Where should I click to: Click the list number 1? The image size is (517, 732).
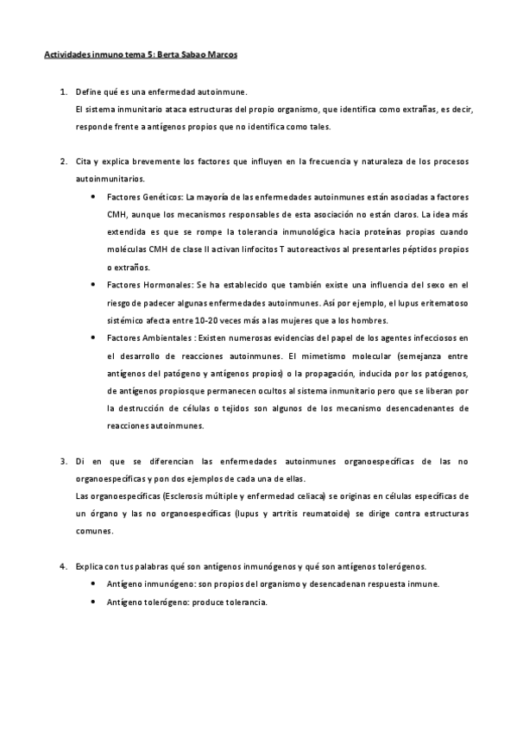62,91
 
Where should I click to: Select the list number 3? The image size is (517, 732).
62,462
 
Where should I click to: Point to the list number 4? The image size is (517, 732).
62,566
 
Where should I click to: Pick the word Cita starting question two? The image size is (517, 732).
85,161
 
